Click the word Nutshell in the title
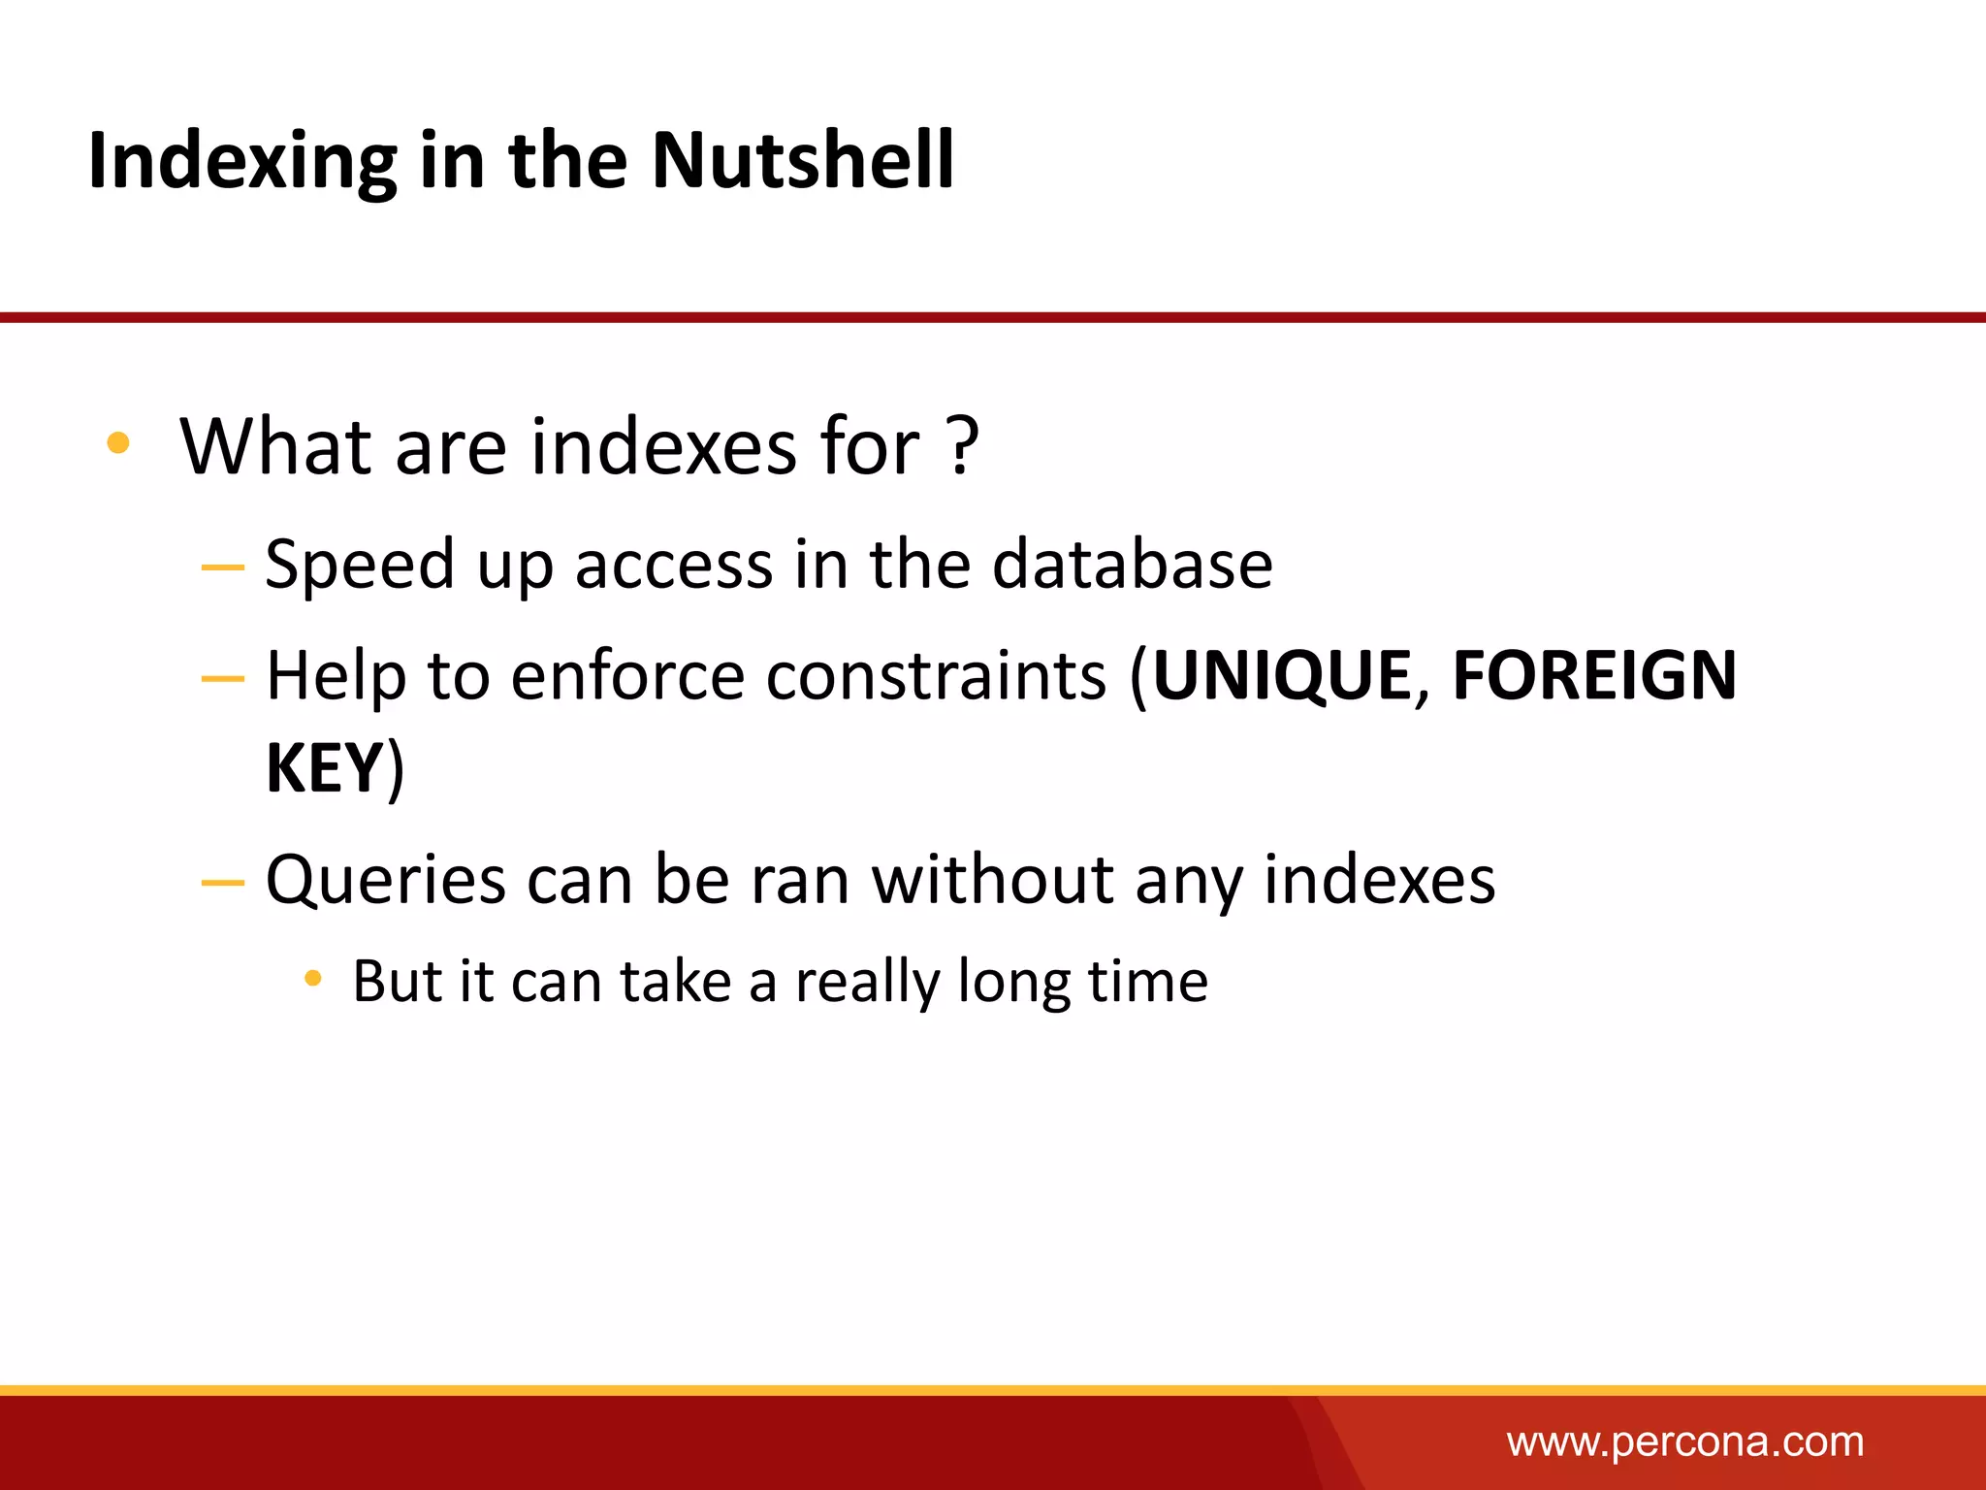tap(803, 160)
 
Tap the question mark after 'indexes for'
tap(963, 446)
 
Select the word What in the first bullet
tap(275, 446)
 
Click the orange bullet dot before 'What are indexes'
tap(118, 443)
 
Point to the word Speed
tap(359, 566)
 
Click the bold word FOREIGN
tap(1594, 675)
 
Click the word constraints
tap(936, 675)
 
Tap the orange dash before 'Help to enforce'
tap(222, 679)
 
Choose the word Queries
tap(385, 881)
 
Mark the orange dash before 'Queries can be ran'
tap(222, 883)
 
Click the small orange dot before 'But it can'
tap(312, 978)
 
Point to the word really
tap(867, 982)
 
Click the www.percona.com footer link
tap(1685, 1442)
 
